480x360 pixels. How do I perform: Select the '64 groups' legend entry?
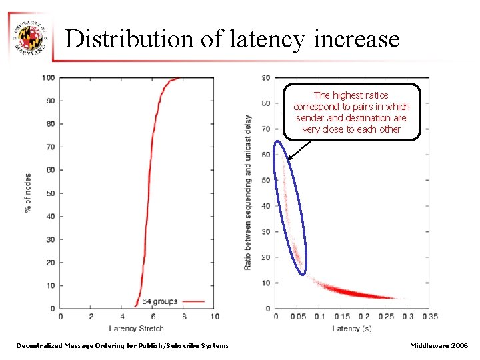coord(160,301)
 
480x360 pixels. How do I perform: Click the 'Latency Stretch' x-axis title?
coord(137,328)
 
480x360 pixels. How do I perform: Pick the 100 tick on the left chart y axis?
coord(49,78)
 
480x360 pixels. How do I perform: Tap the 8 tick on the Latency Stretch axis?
coord(183,316)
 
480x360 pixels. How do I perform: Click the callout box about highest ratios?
coord(351,112)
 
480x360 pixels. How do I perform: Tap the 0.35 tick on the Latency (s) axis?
coord(429,316)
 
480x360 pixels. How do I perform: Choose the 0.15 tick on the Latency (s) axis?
coord(341,316)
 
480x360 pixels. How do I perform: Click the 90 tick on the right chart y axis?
coord(266,78)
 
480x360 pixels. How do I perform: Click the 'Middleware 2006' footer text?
coord(439,345)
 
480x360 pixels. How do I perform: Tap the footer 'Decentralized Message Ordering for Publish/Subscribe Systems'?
coord(122,345)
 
